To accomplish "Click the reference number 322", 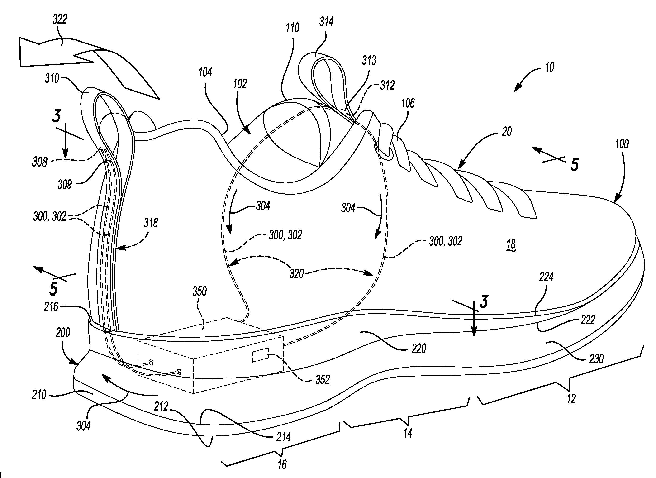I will click(x=60, y=19).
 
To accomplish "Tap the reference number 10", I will click(x=549, y=67).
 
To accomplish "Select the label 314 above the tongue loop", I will click(x=326, y=22).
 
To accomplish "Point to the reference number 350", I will click(x=200, y=291).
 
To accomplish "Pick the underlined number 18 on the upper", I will click(x=511, y=244).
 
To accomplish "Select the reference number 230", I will click(x=596, y=359).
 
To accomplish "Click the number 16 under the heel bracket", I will click(x=282, y=465).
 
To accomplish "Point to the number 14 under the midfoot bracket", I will click(x=408, y=433).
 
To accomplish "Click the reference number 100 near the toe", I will click(x=622, y=144).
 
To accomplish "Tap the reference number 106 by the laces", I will click(x=408, y=103).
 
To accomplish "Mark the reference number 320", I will click(x=297, y=274).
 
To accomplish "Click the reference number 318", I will click(x=151, y=223).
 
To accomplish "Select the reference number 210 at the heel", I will click(x=39, y=395).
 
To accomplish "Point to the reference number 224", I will click(x=546, y=277).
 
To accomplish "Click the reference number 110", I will click(x=292, y=28).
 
